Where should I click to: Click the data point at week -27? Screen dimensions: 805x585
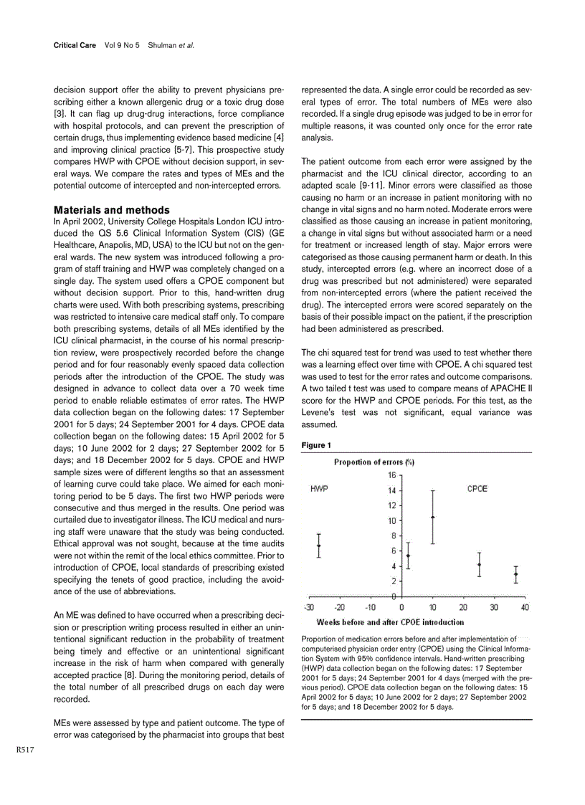tap(319, 546)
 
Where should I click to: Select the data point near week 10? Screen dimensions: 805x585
tap(432, 517)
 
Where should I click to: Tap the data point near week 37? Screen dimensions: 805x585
tap(515, 574)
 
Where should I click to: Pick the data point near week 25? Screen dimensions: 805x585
tap(480, 565)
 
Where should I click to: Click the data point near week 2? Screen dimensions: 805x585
tap(408, 556)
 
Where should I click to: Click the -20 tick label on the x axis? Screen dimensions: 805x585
tap(340, 608)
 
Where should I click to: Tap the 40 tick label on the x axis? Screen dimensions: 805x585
tap(525, 608)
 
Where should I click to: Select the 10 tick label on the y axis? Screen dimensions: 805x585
tap(391, 521)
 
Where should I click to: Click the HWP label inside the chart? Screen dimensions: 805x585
tap(319, 489)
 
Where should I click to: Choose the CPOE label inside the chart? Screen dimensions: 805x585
tap(477, 489)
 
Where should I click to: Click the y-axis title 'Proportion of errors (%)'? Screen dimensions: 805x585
tap(375, 462)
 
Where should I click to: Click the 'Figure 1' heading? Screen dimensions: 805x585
tap(316, 445)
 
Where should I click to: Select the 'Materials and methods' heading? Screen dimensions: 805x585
tap(112, 210)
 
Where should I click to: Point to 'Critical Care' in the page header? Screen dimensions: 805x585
tap(75, 45)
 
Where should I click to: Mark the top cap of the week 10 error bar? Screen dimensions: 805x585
tap(432, 490)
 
